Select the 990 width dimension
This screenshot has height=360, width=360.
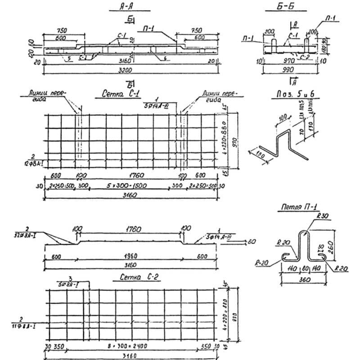point(287,70)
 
